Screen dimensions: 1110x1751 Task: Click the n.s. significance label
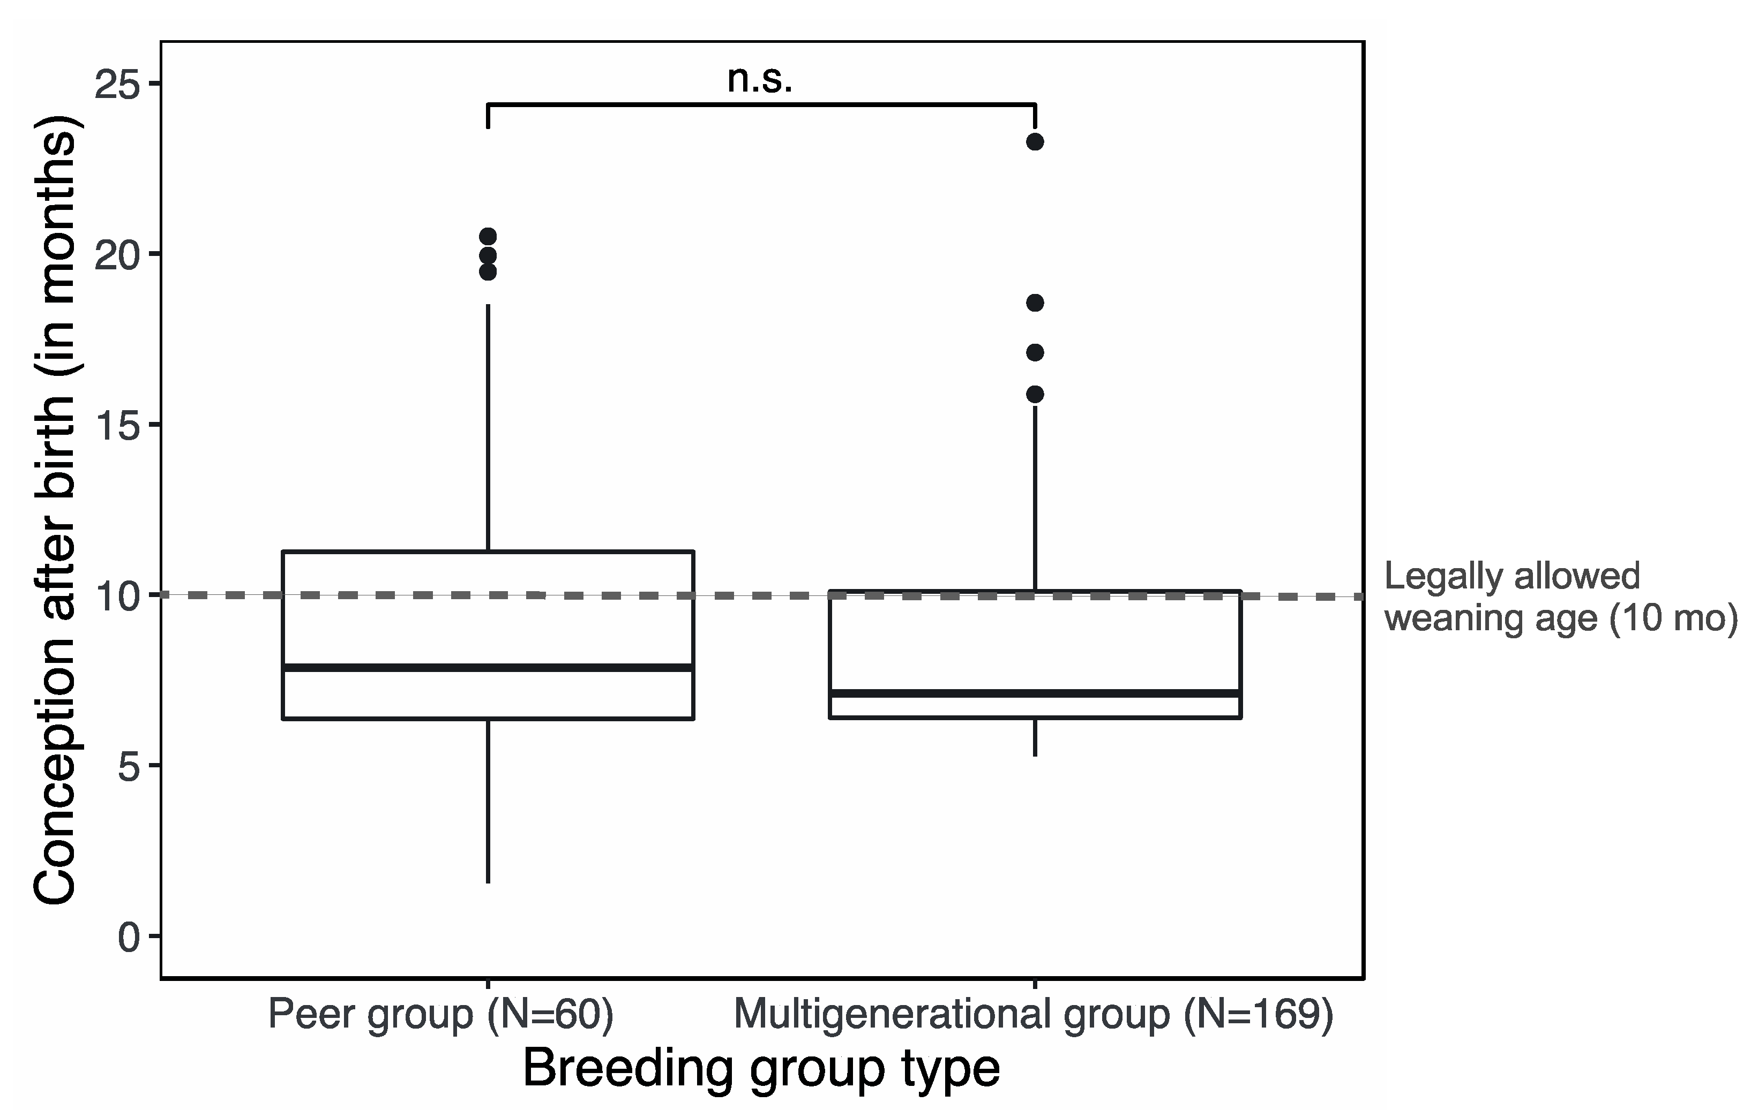[760, 80]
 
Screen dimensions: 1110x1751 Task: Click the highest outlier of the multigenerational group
[1035, 142]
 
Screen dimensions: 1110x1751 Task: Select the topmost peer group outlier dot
[488, 236]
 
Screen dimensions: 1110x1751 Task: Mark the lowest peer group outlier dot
[488, 272]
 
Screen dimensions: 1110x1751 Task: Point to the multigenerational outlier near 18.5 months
[1035, 303]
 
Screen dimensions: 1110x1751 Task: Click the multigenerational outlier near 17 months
[1035, 352]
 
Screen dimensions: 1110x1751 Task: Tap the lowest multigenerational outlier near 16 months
[1035, 394]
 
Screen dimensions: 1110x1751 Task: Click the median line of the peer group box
[488, 667]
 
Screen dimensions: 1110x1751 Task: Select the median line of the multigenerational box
[1035, 693]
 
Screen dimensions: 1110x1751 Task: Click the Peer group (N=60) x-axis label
[440, 1014]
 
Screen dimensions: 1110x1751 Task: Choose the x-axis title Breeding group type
[761, 1068]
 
